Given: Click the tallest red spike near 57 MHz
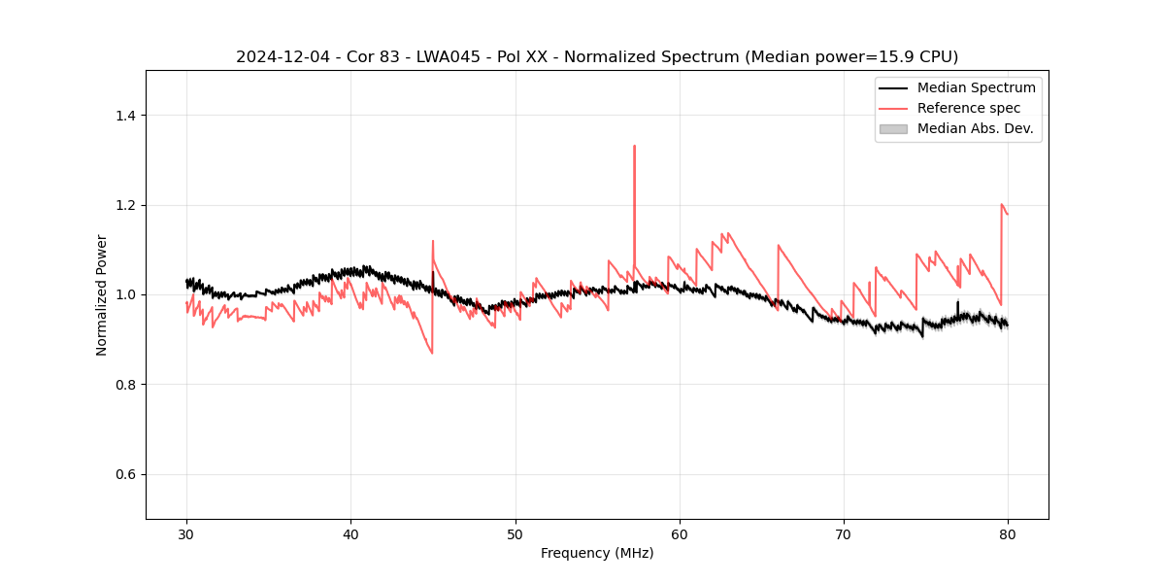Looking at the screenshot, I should point(634,147).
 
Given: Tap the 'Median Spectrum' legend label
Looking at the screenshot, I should point(976,87).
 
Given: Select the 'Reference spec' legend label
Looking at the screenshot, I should point(969,108).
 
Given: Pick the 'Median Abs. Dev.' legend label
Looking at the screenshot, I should point(975,128).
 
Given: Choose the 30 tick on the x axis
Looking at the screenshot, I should point(186,533).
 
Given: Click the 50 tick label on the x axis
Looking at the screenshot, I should point(516,533).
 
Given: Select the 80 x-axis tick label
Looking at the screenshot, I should point(1008,533).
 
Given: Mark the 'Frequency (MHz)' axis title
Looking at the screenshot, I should point(597,553).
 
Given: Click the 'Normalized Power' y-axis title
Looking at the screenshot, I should point(102,294).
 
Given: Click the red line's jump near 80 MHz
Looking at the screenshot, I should point(1001,205).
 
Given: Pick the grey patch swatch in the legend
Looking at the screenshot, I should point(893,128).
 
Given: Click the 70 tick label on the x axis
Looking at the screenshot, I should point(844,533).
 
